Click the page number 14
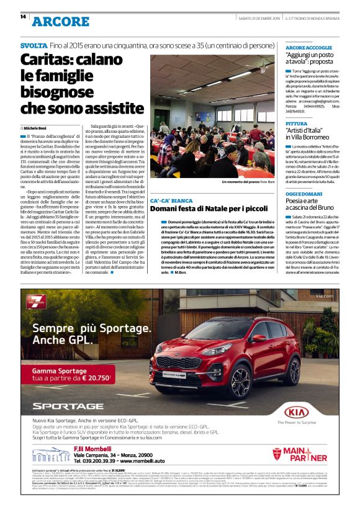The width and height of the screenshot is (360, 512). click(x=24, y=17)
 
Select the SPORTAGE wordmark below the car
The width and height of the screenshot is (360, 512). click(x=68, y=406)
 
